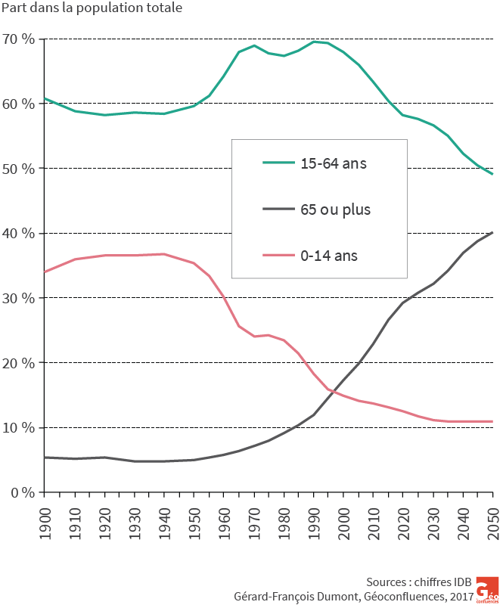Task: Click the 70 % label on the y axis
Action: (x=18, y=39)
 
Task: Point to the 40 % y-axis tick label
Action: (x=18, y=233)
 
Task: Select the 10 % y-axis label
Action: (x=18, y=427)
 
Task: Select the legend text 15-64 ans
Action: (x=334, y=163)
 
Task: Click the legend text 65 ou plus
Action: (x=336, y=209)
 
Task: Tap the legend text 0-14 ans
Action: (x=329, y=256)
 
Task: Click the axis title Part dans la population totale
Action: (x=92, y=11)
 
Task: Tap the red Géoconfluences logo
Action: (x=487, y=589)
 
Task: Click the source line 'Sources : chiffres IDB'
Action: (x=418, y=582)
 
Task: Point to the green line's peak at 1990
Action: (x=314, y=42)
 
